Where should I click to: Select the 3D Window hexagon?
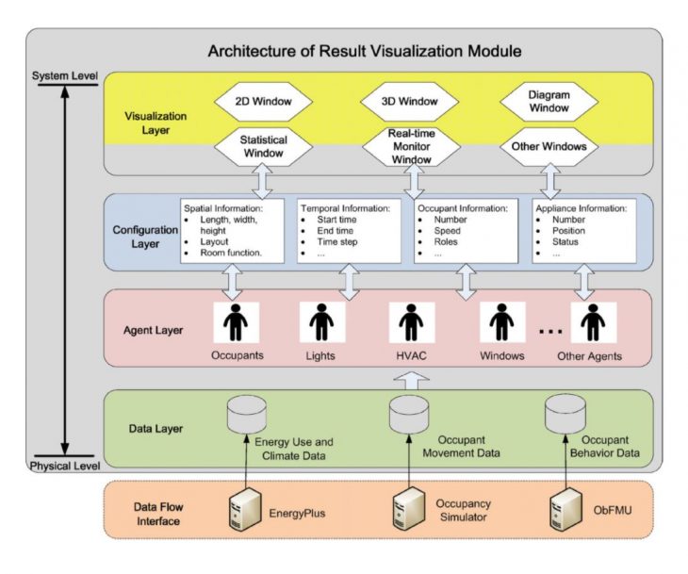tap(411, 99)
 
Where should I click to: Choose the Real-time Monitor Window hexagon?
tap(411, 146)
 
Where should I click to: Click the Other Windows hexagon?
tap(549, 146)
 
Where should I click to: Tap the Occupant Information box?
tap(466, 230)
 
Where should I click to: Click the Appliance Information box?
tap(582, 230)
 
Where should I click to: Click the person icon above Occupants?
tap(235, 322)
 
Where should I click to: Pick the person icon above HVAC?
tap(411, 322)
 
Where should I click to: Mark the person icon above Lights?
tap(322, 322)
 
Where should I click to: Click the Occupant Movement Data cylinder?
tap(411, 413)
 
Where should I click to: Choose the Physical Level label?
tap(63, 466)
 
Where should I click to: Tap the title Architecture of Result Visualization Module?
tap(365, 50)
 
